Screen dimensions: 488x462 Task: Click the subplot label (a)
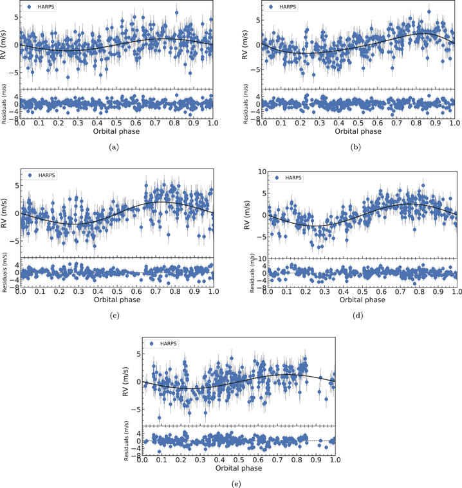pyautogui.click(x=115, y=147)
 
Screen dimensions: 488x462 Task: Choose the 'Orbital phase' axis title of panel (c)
pyautogui.click(x=116, y=300)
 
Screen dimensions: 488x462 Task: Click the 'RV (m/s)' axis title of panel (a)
pyautogui.click(x=6, y=45)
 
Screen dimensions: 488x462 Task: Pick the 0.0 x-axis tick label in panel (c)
pyautogui.click(x=21, y=292)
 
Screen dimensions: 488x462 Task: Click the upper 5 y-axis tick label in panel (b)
pyautogui.click(x=256, y=20)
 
